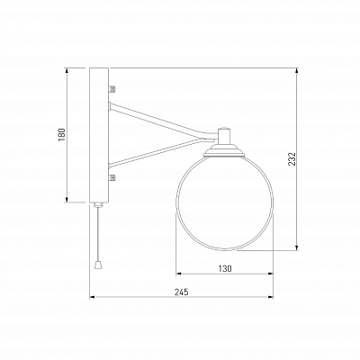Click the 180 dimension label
(x=61, y=135)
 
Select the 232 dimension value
(x=292, y=159)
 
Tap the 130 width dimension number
(x=225, y=268)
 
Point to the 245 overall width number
(x=182, y=292)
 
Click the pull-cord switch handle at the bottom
(x=98, y=265)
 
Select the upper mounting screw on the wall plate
(x=112, y=88)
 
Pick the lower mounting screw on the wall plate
(x=112, y=177)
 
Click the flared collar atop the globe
(x=224, y=150)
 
